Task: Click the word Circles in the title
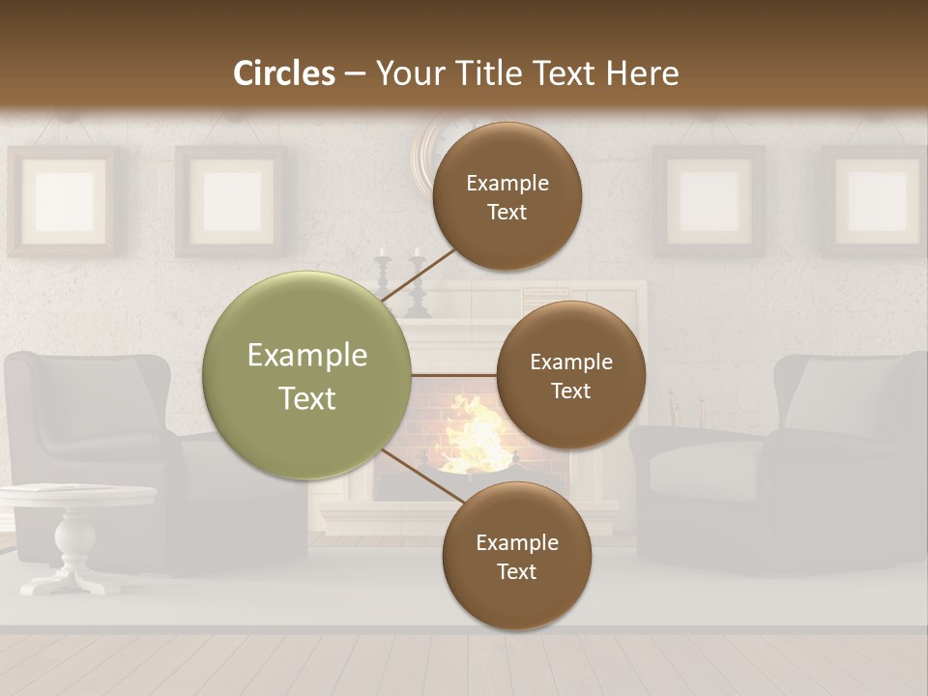[284, 73]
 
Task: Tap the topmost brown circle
[507, 196]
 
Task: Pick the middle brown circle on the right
[570, 375]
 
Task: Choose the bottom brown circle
[516, 556]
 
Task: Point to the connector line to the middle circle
[454, 375]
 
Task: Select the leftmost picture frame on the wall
[63, 201]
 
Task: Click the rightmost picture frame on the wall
[876, 201]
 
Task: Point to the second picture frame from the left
[231, 201]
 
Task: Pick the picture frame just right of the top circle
[709, 201]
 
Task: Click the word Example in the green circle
[307, 356]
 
